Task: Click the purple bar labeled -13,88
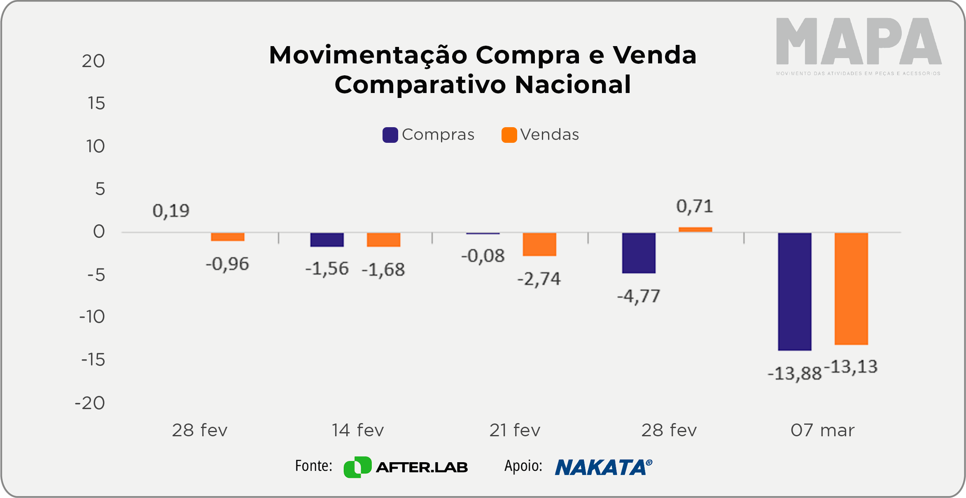tap(794, 291)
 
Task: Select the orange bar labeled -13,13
tap(851, 289)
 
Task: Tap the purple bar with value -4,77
tap(639, 253)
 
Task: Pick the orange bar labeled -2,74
tap(539, 244)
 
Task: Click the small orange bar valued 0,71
tap(695, 230)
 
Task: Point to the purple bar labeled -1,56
tap(327, 240)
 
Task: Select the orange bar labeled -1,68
tap(383, 240)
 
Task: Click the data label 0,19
tap(171, 211)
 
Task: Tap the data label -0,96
tap(227, 264)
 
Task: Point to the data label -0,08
tap(483, 256)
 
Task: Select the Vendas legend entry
tap(540, 135)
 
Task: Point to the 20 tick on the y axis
tap(93, 61)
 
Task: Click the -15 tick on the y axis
tap(93, 360)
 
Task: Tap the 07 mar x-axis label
tap(822, 431)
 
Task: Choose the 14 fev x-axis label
tap(358, 431)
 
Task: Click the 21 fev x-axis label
tap(515, 431)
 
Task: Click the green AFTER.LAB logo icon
tap(357, 467)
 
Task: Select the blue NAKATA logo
tap(603, 467)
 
